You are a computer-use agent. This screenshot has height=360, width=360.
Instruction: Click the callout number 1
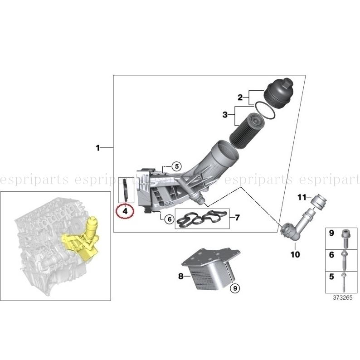pyautogui.click(x=97, y=147)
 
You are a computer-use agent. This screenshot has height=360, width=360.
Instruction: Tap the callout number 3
pyautogui.click(x=225, y=115)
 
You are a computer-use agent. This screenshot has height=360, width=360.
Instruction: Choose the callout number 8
pyautogui.click(x=180, y=275)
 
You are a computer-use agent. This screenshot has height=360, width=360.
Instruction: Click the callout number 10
pyautogui.click(x=295, y=255)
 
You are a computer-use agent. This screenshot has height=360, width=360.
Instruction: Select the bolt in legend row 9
pyautogui.click(x=344, y=236)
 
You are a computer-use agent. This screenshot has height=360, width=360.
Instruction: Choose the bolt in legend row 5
pyautogui.click(x=344, y=281)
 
